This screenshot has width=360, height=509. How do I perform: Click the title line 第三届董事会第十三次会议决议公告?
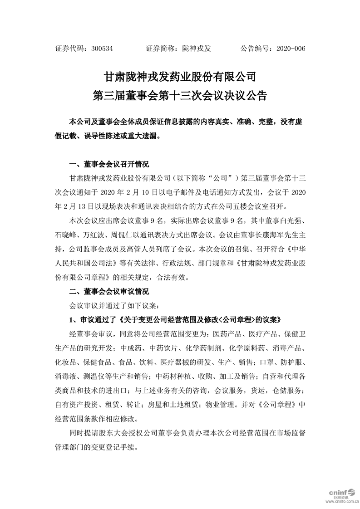click(x=180, y=96)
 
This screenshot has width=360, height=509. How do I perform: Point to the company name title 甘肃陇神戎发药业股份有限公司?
click(x=180, y=75)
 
